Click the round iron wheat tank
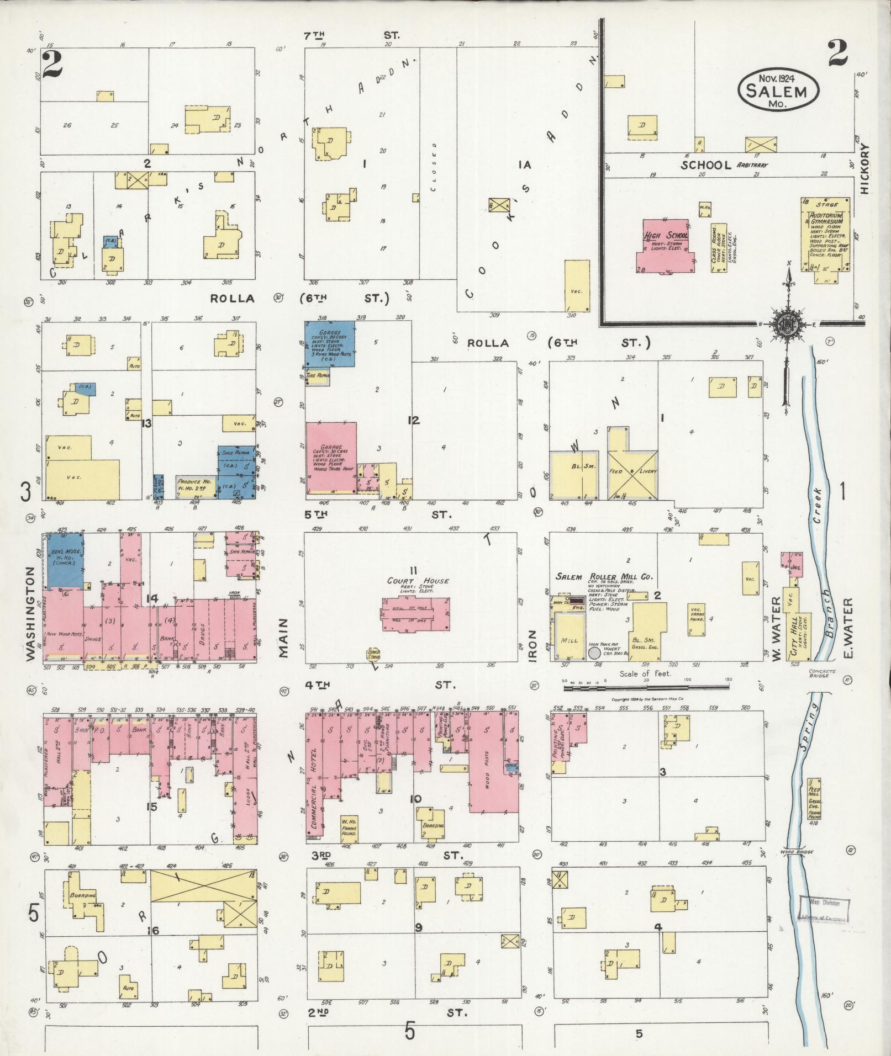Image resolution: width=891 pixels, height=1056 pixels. (594, 653)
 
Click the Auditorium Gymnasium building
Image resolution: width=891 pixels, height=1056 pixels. (825, 236)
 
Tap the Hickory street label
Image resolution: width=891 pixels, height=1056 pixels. (864, 169)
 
